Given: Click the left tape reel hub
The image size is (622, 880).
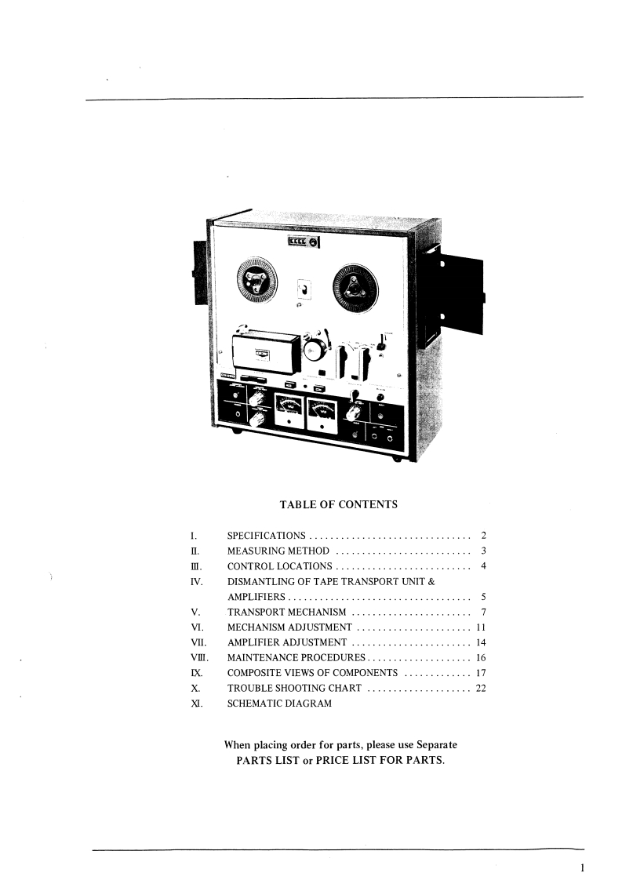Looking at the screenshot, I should (x=256, y=283).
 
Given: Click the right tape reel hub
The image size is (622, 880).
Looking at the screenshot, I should (x=355, y=289).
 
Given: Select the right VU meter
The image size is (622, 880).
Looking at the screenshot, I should (x=322, y=412).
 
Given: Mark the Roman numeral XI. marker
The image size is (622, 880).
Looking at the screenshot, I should (x=196, y=704).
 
